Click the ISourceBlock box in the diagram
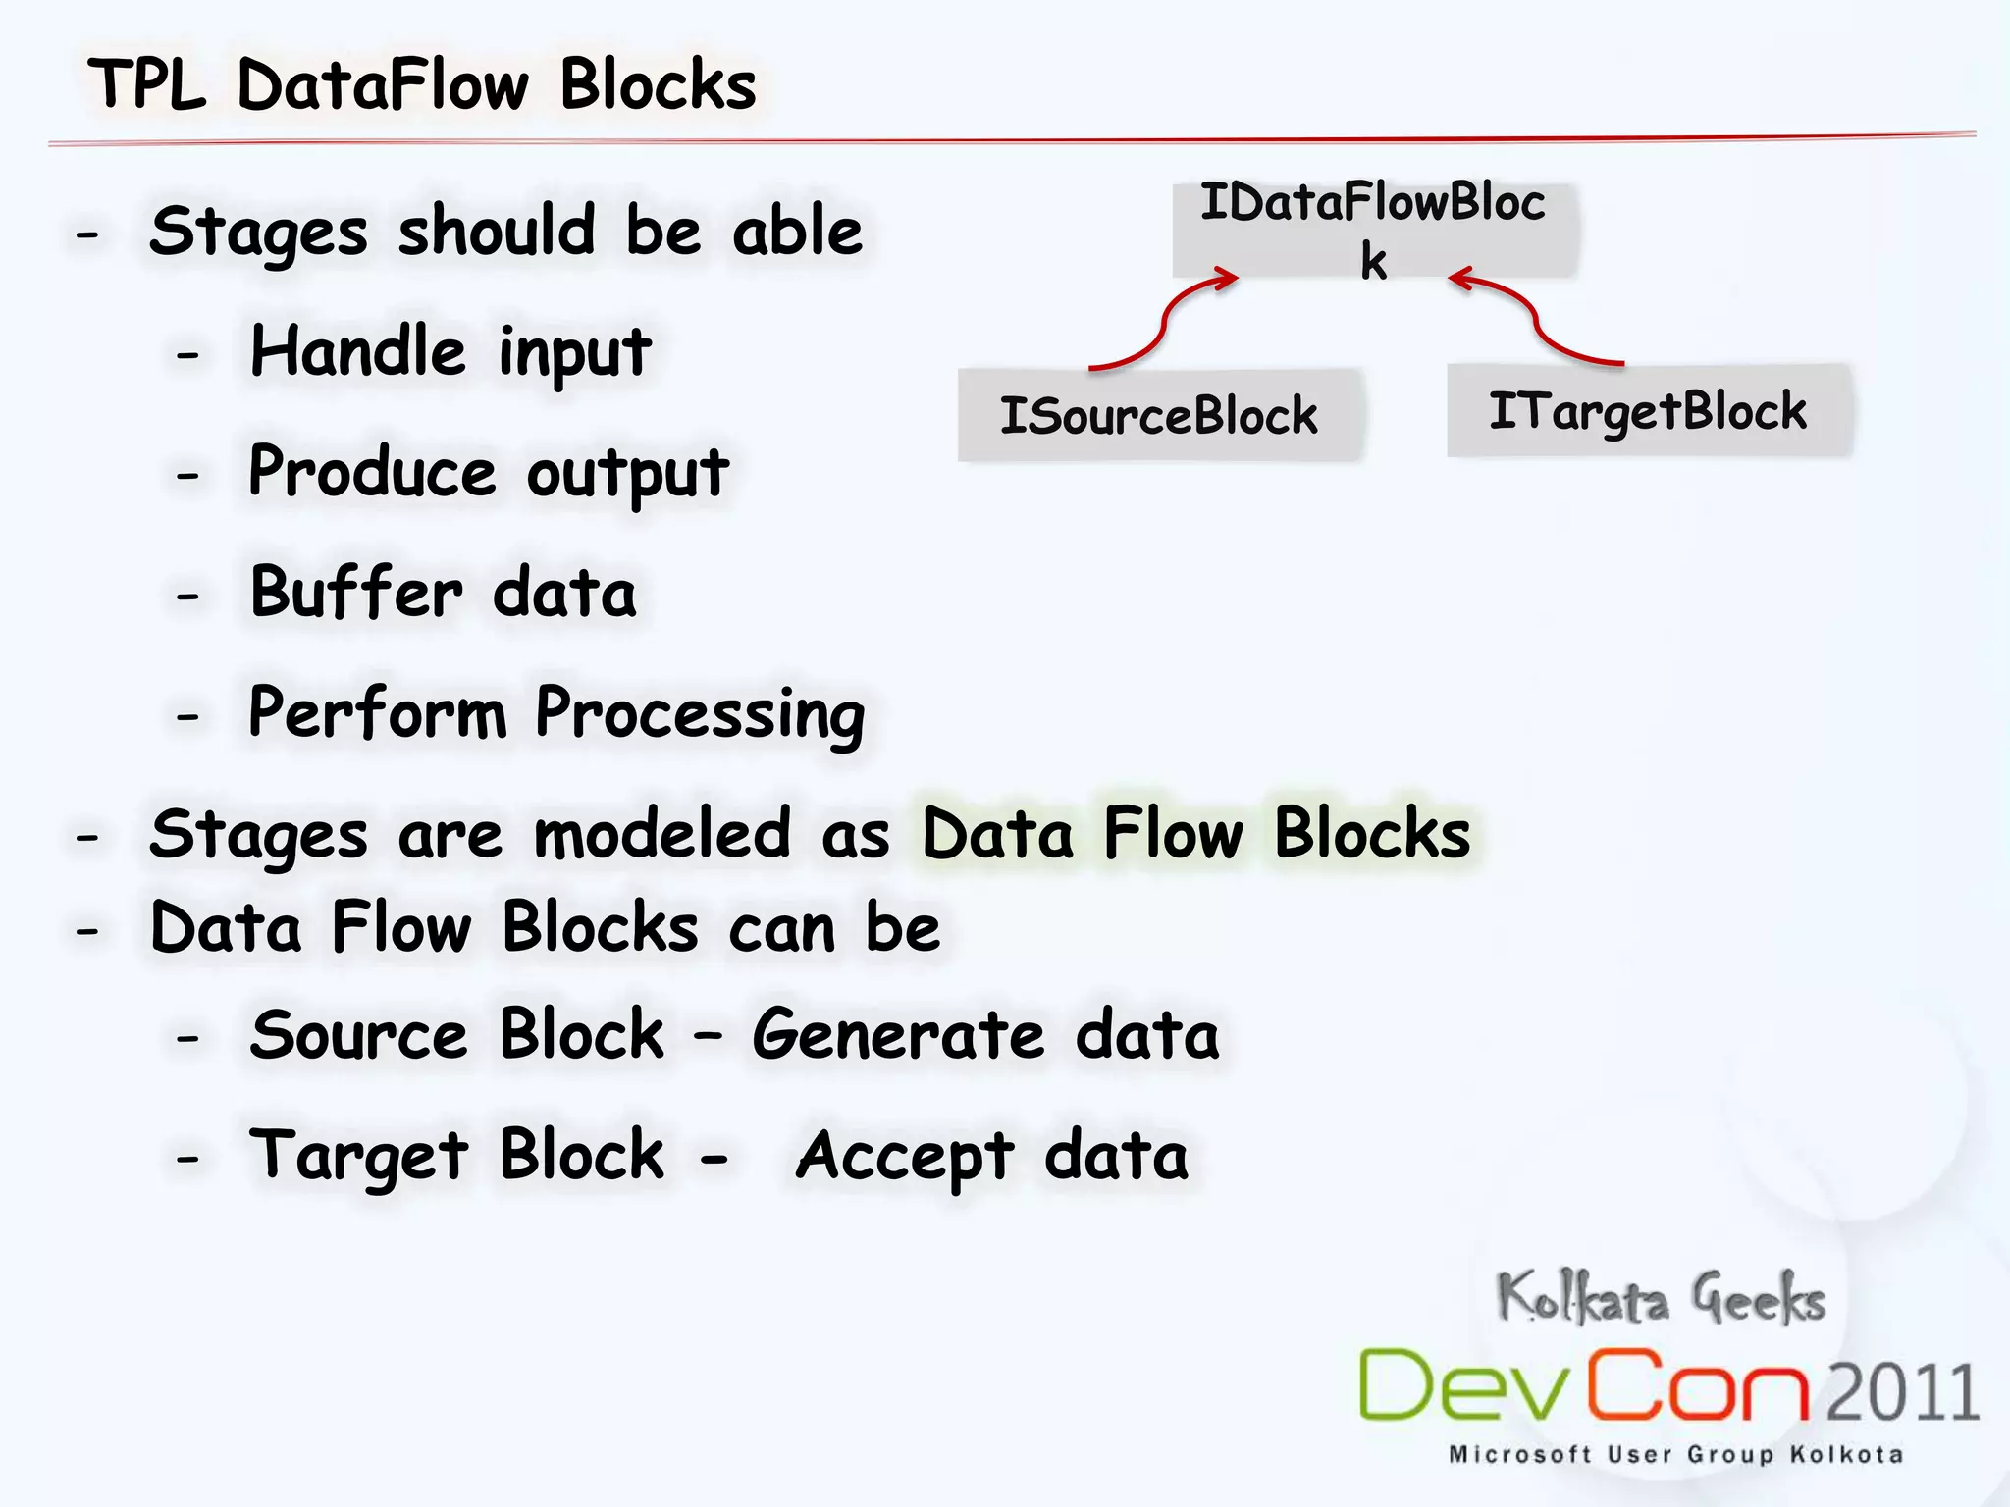coord(1159,415)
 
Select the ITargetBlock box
coord(1648,411)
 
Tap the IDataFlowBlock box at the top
coord(1373,230)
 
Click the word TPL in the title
coord(147,84)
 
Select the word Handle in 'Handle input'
coord(358,351)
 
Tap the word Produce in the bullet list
coord(372,472)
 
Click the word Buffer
coord(355,593)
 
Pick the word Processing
coord(700,713)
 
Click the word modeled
coord(662,834)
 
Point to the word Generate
coord(899,1034)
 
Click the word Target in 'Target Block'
coord(358,1156)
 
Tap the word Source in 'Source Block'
coord(358,1034)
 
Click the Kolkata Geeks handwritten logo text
coord(1661,1298)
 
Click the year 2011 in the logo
coord(1902,1391)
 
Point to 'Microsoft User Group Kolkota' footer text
coord(1675,1454)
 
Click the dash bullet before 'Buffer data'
coord(187,596)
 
